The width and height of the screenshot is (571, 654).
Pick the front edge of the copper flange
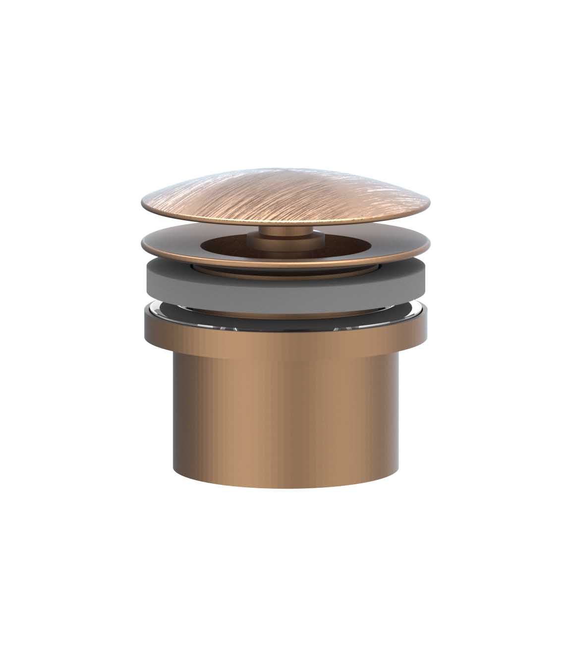tap(285, 266)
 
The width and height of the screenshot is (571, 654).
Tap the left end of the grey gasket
tap(149, 280)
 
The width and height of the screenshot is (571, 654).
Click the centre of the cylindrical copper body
tap(285, 412)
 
